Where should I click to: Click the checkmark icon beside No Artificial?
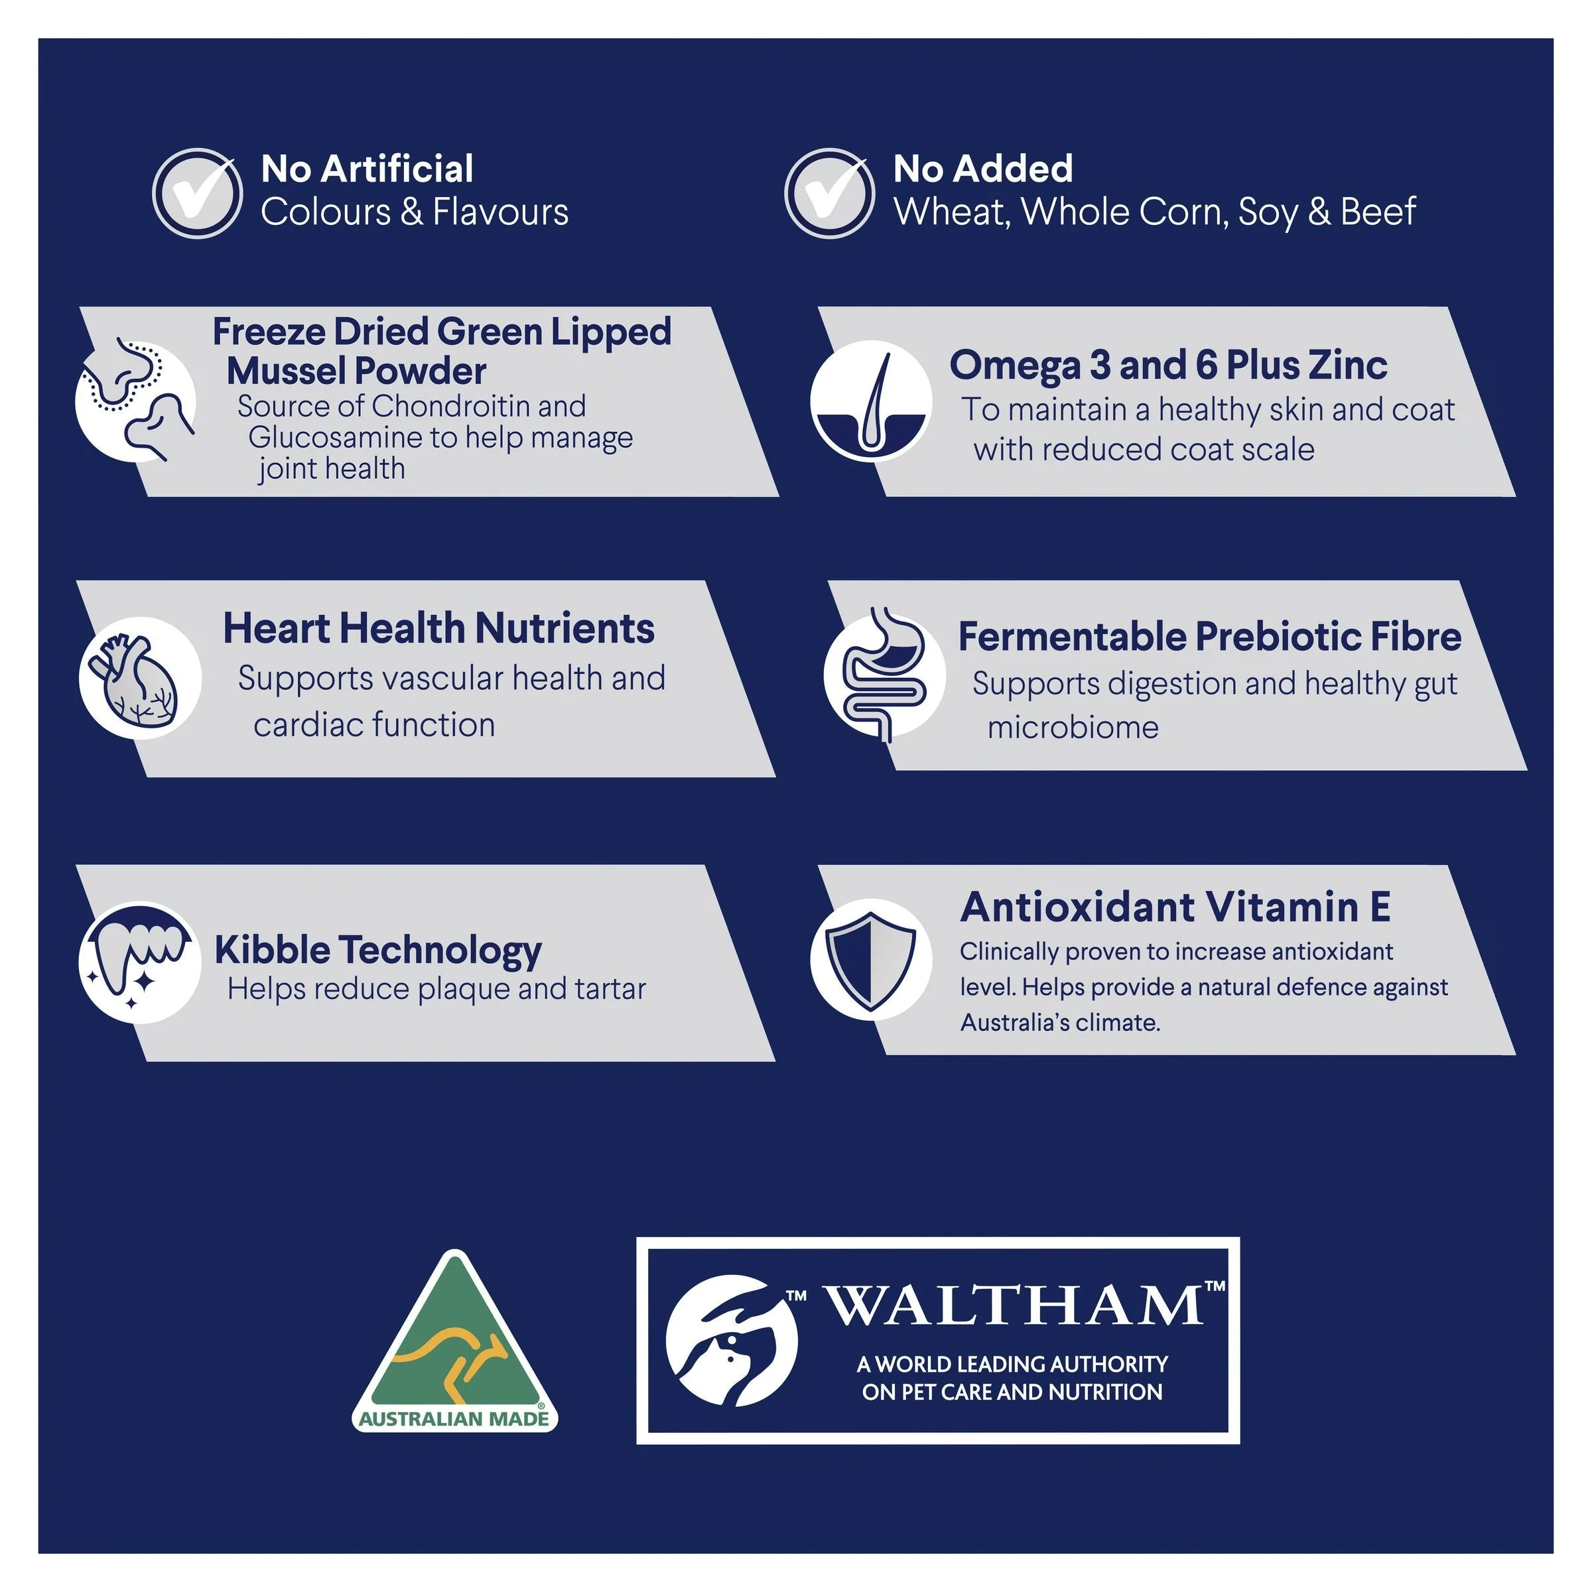(x=197, y=194)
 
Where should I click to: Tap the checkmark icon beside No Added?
(x=829, y=194)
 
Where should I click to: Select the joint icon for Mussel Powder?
(x=137, y=399)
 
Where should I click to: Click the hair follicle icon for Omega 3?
(x=871, y=401)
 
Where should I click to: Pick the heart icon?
(x=140, y=677)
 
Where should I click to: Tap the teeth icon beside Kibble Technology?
(x=140, y=962)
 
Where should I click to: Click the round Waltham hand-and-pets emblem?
(x=732, y=1341)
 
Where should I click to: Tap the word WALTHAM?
(x=1015, y=1304)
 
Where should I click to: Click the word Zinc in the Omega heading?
(x=1347, y=364)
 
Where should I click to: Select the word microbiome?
(x=1073, y=727)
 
